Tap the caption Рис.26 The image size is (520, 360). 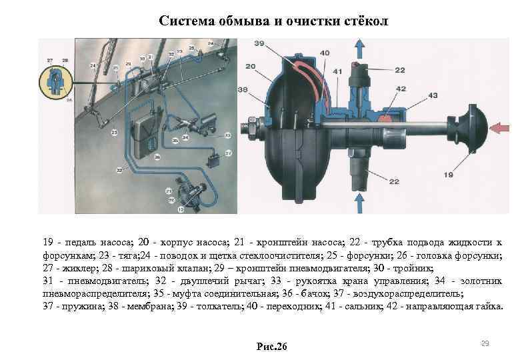[x=271, y=346]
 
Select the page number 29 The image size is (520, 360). [x=485, y=343]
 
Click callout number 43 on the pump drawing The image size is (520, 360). [x=433, y=97]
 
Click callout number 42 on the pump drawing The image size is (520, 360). [x=400, y=88]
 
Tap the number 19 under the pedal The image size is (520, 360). [x=447, y=174]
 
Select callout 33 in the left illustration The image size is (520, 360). [x=228, y=135]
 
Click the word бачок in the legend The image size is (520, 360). [x=318, y=293]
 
